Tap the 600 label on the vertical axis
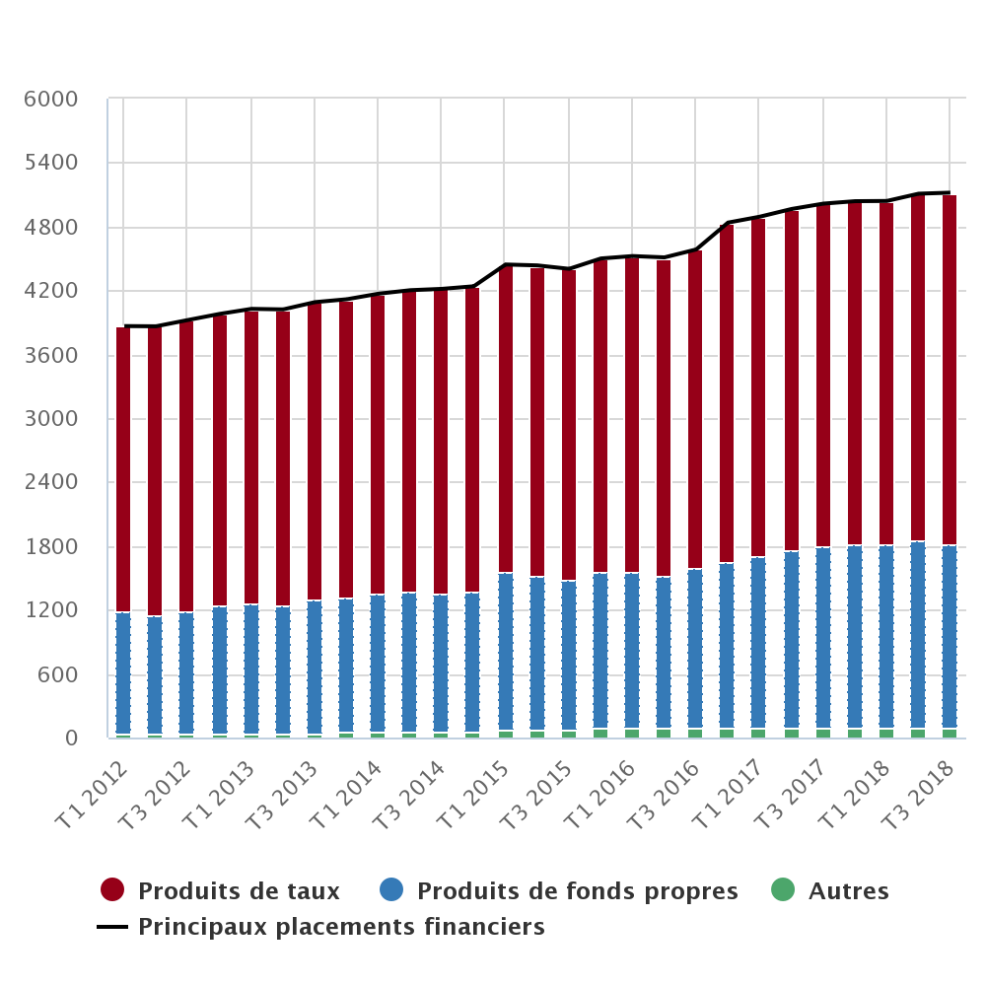59,675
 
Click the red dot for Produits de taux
112,890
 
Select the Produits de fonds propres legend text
577,891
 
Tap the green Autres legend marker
782,890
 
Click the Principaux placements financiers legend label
341,927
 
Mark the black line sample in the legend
112,927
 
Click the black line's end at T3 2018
950,192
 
